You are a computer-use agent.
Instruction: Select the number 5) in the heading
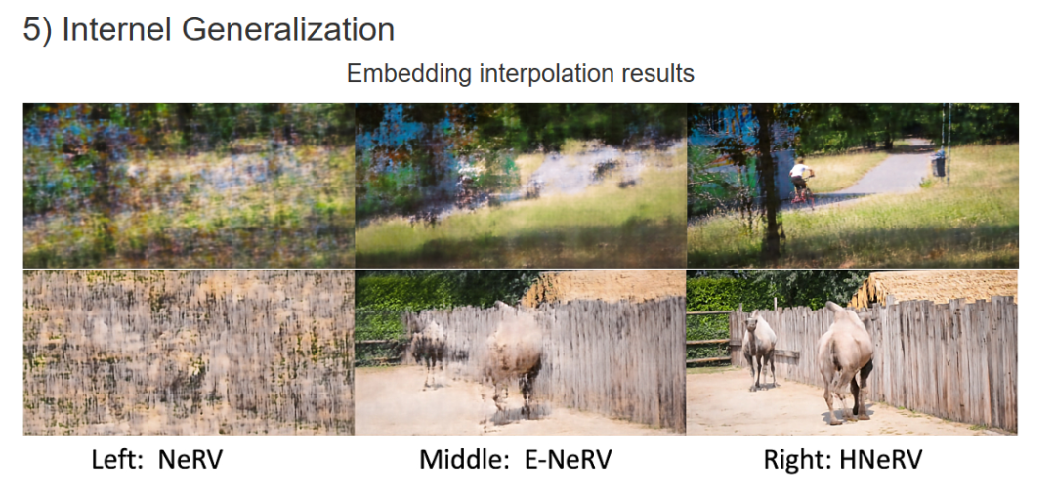pos(37,31)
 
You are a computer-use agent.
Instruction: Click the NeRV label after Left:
pos(190,460)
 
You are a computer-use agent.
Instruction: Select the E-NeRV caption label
pos(571,460)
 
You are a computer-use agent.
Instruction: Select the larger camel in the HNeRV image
pos(845,361)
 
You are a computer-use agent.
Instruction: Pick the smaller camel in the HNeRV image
pos(760,350)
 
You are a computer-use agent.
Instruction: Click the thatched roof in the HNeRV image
pos(935,287)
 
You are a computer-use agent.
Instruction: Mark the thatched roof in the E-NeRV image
pos(602,286)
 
